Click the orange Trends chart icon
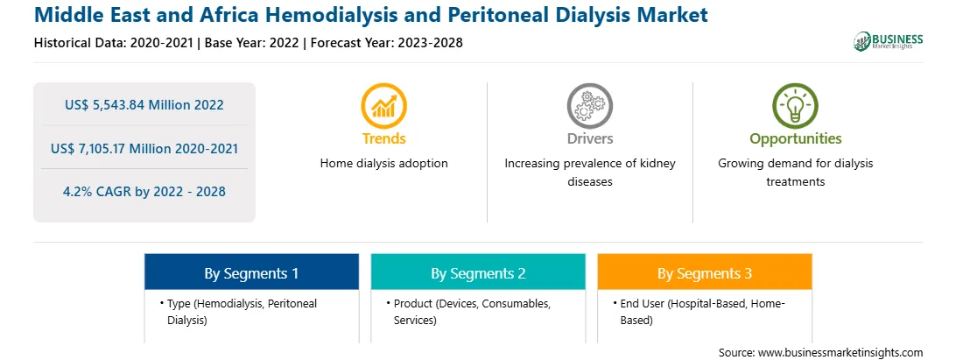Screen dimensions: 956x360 [383, 106]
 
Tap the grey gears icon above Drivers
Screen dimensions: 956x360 [589, 106]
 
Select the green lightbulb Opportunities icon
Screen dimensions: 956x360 [795, 106]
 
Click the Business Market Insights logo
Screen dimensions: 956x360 [889, 41]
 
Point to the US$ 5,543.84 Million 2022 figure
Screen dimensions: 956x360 [144, 105]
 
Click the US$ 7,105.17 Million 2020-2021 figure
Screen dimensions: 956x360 [144, 148]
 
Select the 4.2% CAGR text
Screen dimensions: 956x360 [144, 192]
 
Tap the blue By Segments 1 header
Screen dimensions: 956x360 [252, 272]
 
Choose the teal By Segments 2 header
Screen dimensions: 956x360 [478, 272]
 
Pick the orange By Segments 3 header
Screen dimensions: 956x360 [705, 272]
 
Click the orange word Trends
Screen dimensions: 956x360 [384, 138]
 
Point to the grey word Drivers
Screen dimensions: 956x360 [590, 138]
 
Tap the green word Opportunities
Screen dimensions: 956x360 [796, 139]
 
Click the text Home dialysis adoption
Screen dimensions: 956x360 [384, 164]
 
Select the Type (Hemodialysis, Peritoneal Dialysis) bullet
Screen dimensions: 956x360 [238, 312]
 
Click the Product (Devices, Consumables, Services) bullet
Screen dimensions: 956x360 [468, 312]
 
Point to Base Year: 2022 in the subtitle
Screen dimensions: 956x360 [252, 43]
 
